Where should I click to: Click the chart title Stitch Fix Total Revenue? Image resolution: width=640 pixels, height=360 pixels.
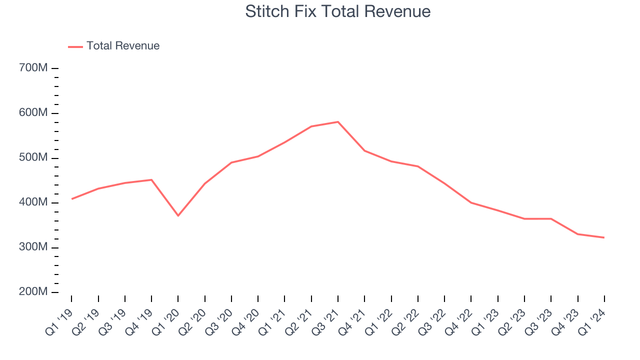pos(338,11)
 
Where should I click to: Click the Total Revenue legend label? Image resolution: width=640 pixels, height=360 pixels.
pos(123,46)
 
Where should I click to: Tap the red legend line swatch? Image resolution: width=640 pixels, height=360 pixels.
pos(75,46)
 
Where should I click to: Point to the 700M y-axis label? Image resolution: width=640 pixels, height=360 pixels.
pos(33,68)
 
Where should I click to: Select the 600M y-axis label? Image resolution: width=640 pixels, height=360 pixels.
pos(33,113)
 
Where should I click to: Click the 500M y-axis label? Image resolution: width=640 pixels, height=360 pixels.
pos(33,158)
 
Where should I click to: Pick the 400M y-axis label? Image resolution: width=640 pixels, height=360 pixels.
pos(33,202)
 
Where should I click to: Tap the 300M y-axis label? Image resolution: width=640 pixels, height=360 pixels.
pos(33,247)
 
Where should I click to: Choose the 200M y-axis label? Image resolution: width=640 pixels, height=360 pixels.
pos(33,292)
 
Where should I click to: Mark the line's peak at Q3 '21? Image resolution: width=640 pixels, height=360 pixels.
pos(338,122)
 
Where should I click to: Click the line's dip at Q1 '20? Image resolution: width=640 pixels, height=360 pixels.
pos(178,215)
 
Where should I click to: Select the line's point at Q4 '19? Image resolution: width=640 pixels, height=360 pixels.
pos(151,179)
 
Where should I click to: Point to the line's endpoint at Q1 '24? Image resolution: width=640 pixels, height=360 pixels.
pos(604,237)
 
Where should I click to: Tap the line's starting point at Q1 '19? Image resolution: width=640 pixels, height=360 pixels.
pos(71,199)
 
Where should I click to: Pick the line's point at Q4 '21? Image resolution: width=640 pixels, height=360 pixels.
pos(364,150)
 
